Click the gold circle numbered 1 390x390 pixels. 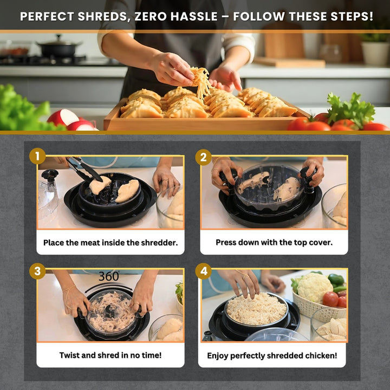[x=37, y=156]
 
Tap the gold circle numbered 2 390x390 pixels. [x=204, y=157]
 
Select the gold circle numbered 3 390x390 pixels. [x=37, y=271]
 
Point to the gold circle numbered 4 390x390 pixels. [x=204, y=271]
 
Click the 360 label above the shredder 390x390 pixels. [x=109, y=276]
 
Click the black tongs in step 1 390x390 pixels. [x=84, y=168]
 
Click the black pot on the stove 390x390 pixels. [x=59, y=47]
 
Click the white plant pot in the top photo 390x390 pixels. [x=375, y=53]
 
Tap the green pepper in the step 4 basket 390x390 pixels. [x=336, y=280]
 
